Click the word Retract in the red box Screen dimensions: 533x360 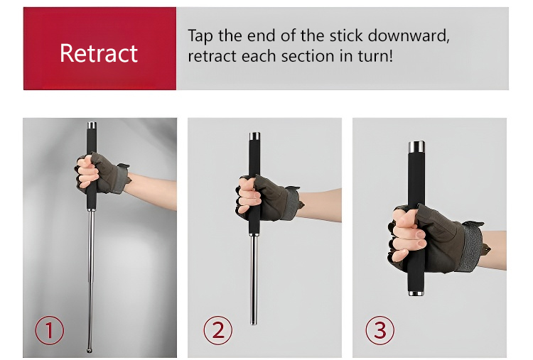pyautogui.click(x=99, y=53)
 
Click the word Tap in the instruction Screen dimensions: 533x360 pyautogui.click(x=200, y=36)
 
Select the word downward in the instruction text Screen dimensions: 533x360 pyautogui.click(x=409, y=36)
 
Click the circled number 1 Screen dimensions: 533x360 pyautogui.click(x=49, y=330)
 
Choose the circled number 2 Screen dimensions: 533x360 pyautogui.click(x=218, y=330)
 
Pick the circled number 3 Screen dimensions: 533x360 pyautogui.click(x=380, y=330)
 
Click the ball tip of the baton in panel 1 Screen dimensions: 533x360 pyautogui.click(x=89, y=350)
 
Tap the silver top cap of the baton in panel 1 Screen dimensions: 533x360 pyautogui.click(x=92, y=125)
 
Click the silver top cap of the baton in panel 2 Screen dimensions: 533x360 pyautogui.click(x=254, y=136)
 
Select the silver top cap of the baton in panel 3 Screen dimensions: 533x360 pyautogui.click(x=416, y=147)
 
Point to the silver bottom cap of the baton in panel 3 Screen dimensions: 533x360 pyautogui.click(x=416, y=293)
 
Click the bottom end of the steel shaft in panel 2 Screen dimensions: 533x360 pyautogui.click(x=254, y=322)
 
